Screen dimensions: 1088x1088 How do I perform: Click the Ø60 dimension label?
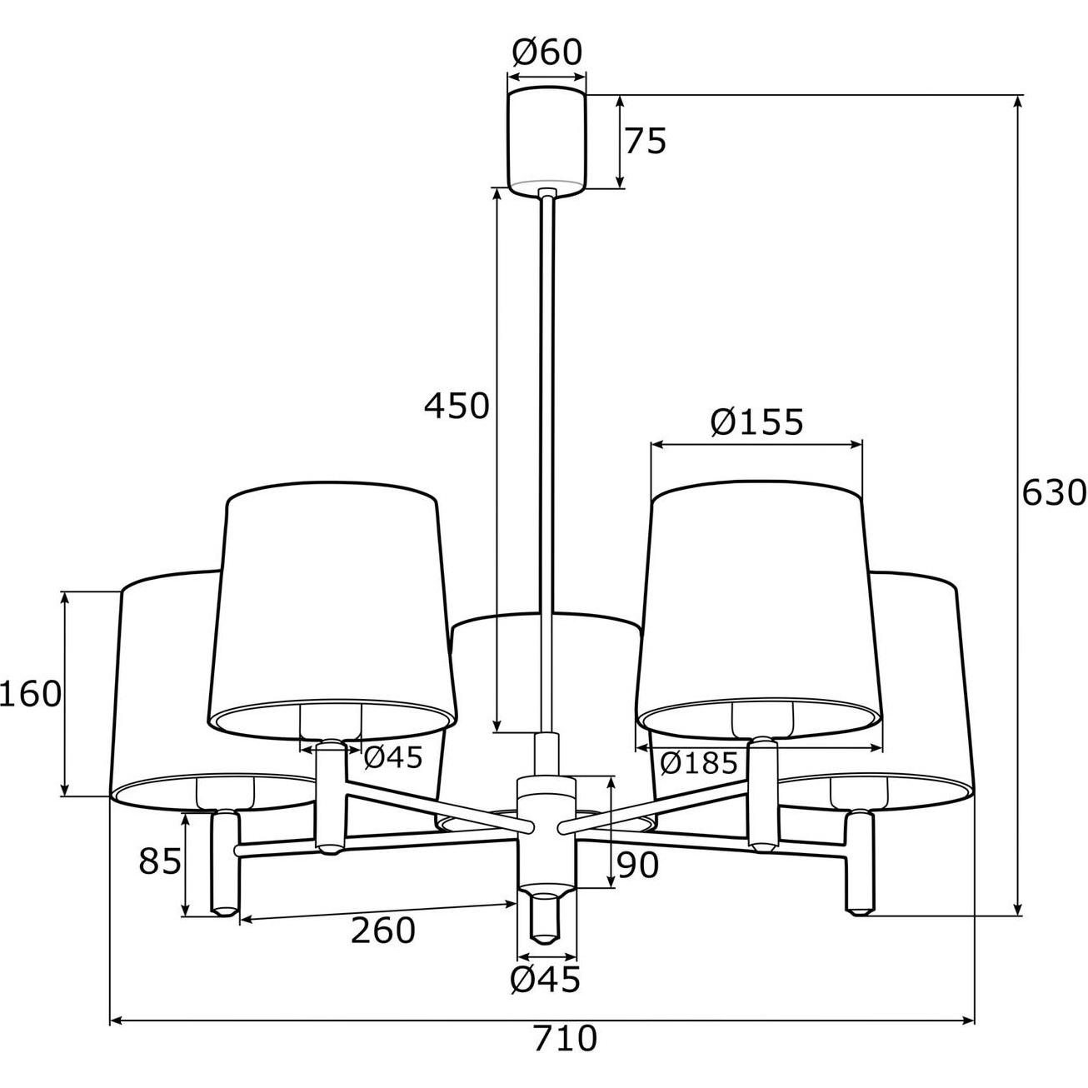pyautogui.click(x=546, y=52)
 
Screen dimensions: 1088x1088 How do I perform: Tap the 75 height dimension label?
pyautogui.click(x=646, y=141)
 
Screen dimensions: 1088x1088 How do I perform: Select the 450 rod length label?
pyautogui.click(x=457, y=406)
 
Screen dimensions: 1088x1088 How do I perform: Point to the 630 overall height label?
pyautogui.click(x=1054, y=492)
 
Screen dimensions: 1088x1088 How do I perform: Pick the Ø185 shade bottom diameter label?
pyautogui.click(x=699, y=764)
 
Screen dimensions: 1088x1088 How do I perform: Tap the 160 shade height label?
pyautogui.click(x=31, y=694)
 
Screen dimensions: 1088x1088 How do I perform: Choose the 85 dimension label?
pyautogui.click(x=160, y=861)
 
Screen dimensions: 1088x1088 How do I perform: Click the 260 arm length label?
pyautogui.click(x=383, y=931)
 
